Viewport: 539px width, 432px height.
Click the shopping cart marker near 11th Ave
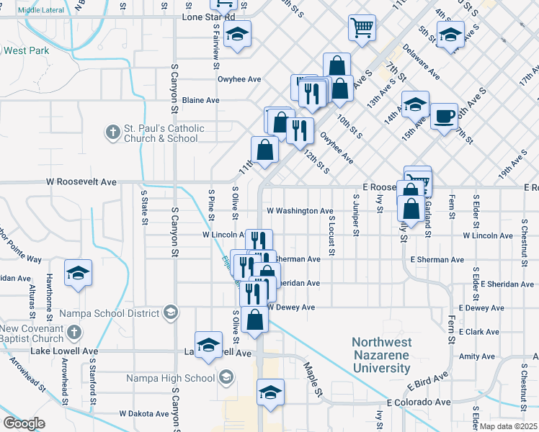coord(362,29)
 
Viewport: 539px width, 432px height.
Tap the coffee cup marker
coord(445,115)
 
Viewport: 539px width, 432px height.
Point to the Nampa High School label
coord(170,378)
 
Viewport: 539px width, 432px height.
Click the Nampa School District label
coord(109,313)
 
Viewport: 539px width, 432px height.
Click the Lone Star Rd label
coord(209,17)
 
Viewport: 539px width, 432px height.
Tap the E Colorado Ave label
coord(419,402)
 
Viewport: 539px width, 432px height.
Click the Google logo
coord(24,423)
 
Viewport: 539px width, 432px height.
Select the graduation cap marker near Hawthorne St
coord(78,274)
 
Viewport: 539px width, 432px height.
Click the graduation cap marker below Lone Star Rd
coord(236,34)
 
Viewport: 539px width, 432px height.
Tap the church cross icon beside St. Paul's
coord(112,132)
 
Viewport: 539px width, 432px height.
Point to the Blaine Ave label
coord(200,100)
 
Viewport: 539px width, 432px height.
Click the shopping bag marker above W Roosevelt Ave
coord(265,150)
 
